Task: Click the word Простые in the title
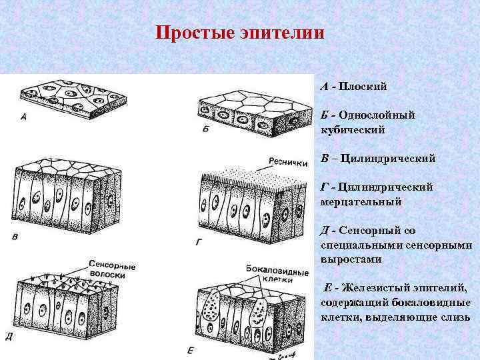(194, 33)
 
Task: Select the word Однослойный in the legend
(377, 115)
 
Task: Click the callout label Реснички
(288, 161)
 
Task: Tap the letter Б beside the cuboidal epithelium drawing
(205, 129)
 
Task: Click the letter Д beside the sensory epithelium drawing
(9, 337)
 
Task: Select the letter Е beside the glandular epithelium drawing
(191, 350)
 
